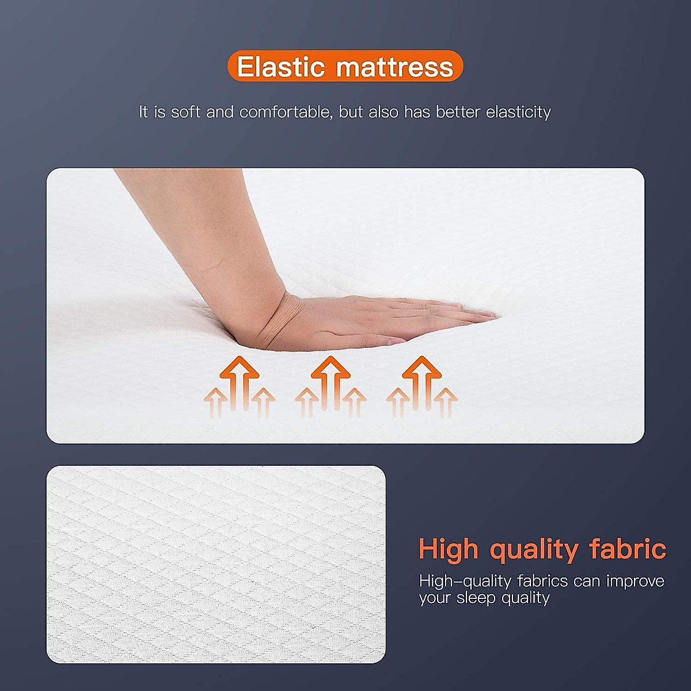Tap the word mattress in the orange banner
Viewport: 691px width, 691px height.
point(396,67)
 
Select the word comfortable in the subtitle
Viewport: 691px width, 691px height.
point(285,112)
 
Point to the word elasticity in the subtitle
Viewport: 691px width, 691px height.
point(518,112)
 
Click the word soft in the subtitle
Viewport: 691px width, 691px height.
point(185,112)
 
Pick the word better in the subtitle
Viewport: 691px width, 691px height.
point(458,112)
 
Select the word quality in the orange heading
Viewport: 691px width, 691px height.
point(534,550)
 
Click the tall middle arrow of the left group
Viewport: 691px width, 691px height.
point(239,380)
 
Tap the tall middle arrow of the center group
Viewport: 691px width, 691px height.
point(331,380)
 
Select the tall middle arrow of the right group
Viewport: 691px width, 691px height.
point(422,380)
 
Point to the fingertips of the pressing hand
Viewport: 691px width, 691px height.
point(487,315)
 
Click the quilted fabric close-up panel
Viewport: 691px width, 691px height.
point(216,564)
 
